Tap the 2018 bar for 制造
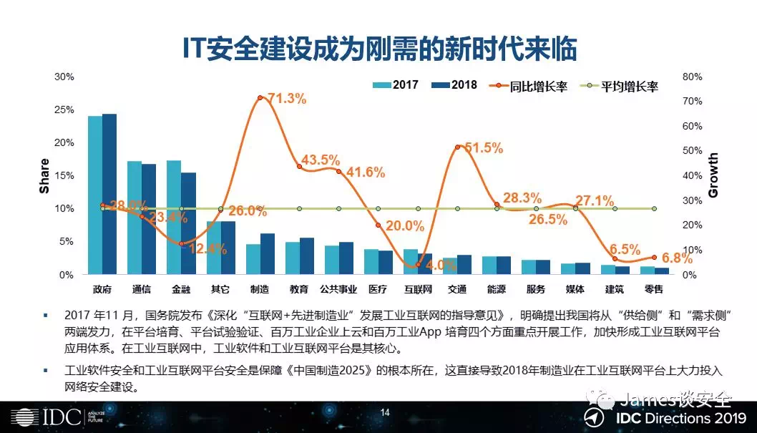[x=267, y=253]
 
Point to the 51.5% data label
[x=484, y=148]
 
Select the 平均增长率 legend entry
[x=619, y=86]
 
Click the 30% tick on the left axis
[x=64, y=77]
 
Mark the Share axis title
[x=44, y=176]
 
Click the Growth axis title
[x=713, y=176]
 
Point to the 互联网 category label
[x=418, y=289]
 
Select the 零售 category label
[x=654, y=289]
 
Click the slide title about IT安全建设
[x=378, y=49]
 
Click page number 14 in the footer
[x=385, y=412]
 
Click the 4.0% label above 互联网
[x=441, y=266]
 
